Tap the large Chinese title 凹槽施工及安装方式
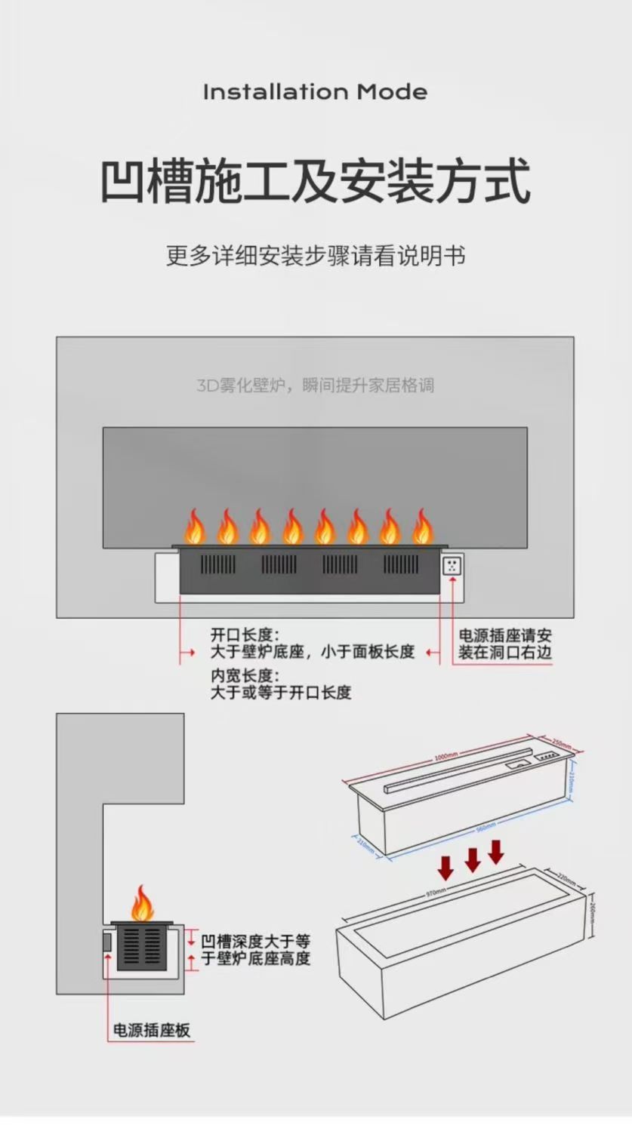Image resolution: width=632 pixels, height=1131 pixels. click(316, 180)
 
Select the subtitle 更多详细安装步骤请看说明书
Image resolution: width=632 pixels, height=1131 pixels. click(316, 255)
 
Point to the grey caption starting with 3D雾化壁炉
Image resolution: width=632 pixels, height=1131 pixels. click(316, 386)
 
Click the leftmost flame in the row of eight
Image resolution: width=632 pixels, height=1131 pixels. click(194, 527)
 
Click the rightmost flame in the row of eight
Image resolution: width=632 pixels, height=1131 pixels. click(422, 527)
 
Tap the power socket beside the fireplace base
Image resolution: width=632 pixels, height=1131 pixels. click(452, 567)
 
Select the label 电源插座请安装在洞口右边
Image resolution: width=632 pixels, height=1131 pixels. click(504, 644)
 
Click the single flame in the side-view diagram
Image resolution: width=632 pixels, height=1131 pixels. click(141, 903)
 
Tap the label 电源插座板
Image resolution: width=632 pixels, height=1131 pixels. click(152, 1030)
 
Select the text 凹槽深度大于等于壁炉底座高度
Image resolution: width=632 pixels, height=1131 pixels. click(255, 950)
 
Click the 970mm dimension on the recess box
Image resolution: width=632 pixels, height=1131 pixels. click(436, 893)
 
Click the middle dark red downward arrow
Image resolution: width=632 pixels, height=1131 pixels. click(472, 859)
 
